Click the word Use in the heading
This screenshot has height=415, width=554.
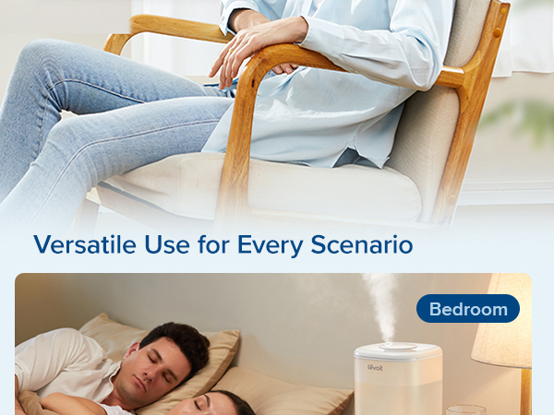[159, 245]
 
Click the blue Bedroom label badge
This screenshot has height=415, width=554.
[468, 309]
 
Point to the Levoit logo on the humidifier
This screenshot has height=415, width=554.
[373, 366]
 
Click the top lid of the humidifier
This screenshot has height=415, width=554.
[397, 351]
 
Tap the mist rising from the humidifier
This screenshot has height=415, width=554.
[380, 304]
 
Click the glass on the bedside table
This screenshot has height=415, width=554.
[465, 409]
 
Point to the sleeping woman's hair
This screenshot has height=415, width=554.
[226, 403]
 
